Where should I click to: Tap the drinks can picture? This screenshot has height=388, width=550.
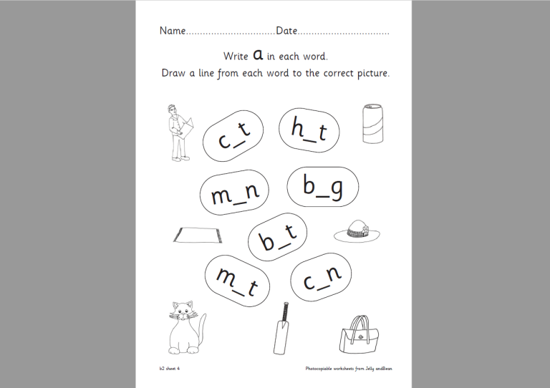pyautogui.click(x=373, y=124)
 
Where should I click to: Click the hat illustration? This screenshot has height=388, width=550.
pyautogui.click(x=356, y=231)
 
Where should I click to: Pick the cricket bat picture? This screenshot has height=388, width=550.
pyautogui.click(x=283, y=329)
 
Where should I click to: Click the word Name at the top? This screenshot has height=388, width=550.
pyautogui.click(x=172, y=31)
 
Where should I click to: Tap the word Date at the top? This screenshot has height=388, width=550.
pyautogui.click(x=286, y=31)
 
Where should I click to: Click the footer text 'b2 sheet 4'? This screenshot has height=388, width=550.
pyautogui.click(x=170, y=369)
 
